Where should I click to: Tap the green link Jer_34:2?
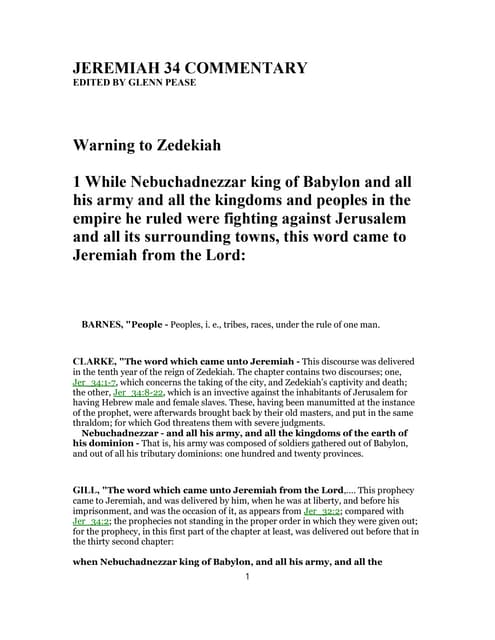[94, 522]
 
